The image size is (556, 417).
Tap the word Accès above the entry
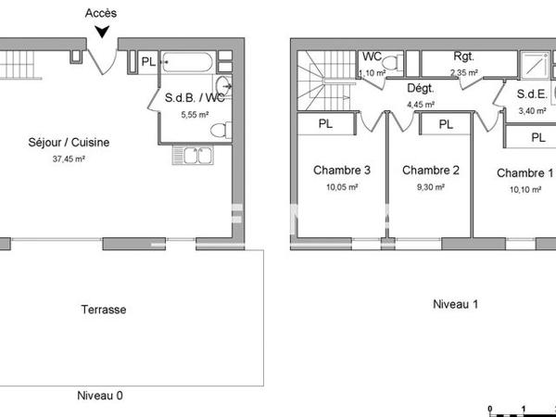100,13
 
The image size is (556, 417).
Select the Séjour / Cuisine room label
69,143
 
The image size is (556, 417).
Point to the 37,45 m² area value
69,158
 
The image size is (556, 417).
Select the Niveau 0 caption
99,396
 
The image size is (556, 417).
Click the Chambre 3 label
342,171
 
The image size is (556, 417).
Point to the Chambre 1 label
524,173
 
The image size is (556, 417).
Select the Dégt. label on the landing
422,88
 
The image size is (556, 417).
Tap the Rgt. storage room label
463,57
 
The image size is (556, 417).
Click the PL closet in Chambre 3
326,123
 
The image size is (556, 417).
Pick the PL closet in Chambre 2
446,124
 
